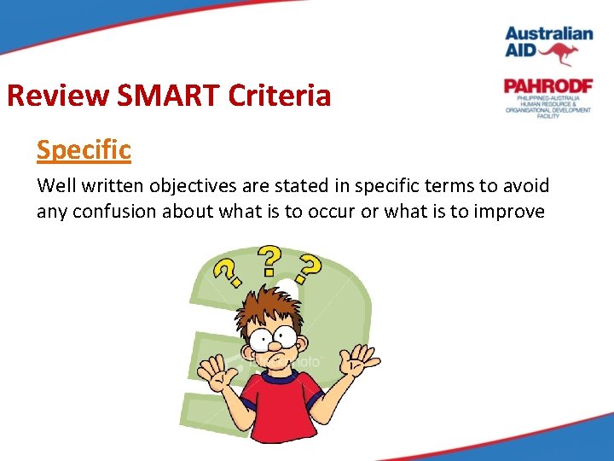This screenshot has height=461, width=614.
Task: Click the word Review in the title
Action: [x=57, y=96]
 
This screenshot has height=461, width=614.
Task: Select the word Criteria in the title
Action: [x=279, y=96]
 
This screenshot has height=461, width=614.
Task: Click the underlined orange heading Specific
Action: [x=84, y=149]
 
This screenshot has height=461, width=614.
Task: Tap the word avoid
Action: [x=526, y=185]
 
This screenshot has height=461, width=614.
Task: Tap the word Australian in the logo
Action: [x=548, y=34]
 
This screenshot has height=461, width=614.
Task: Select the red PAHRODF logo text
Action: [x=547, y=86]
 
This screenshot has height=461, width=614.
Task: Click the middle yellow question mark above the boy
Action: [x=270, y=260]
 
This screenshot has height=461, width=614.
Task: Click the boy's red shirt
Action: [x=280, y=401]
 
